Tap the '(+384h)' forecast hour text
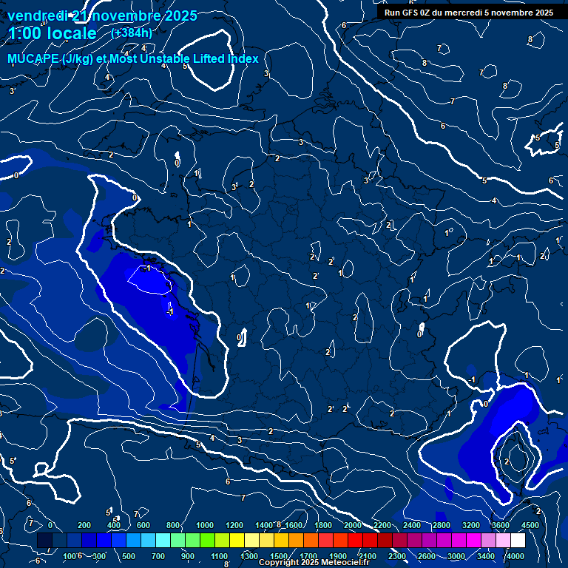tap(131, 33)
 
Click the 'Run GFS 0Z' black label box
tap(469, 13)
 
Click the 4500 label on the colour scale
tap(530, 525)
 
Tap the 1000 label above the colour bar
tap(204, 525)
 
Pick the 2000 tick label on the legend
tap(353, 525)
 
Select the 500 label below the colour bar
tap(129, 556)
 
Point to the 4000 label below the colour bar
tap(516, 556)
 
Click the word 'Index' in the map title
tap(243, 58)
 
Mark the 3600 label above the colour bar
tap(501, 525)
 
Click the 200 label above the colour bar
tap(84, 525)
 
